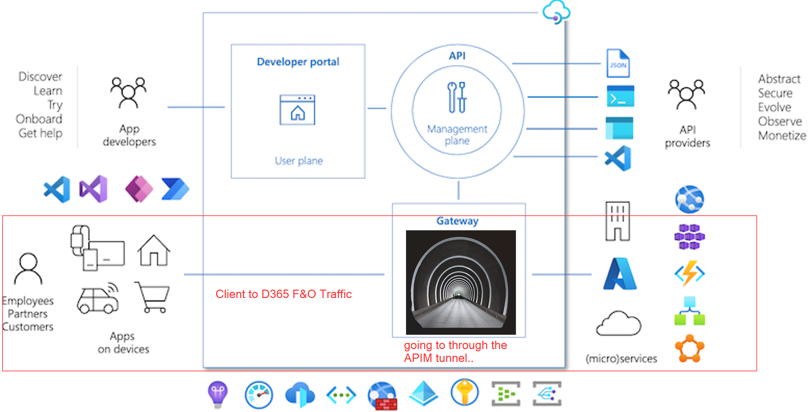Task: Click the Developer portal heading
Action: coord(298,62)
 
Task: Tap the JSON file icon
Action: coord(618,63)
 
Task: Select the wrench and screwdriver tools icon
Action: coord(457,97)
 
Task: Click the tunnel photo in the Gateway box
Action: coord(461,282)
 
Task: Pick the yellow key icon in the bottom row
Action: coord(465,392)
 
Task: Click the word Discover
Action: coord(40,77)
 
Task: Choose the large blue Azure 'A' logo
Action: coord(620,274)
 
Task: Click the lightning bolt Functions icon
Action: coord(690,273)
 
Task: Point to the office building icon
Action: coord(618,221)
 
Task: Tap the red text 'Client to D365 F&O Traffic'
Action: coord(284,294)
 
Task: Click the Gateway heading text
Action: coord(458,221)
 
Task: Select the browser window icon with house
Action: coord(297,110)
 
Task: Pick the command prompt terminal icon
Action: coord(620,96)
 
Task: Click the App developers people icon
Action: coord(128,93)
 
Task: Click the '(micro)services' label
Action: coord(622,359)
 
